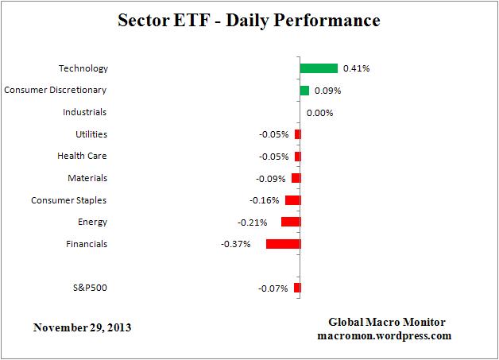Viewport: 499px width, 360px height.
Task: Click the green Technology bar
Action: tap(319, 68)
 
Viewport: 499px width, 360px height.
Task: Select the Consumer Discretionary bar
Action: tap(304, 91)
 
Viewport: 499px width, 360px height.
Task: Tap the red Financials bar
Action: tap(283, 244)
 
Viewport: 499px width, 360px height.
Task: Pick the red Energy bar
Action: tap(291, 222)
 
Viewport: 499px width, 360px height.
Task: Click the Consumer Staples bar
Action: tap(292, 200)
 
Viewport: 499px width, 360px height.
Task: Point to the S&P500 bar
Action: tap(297, 288)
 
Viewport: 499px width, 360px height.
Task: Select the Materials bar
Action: tap(296, 178)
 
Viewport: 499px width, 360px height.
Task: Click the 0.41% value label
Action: tap(357, 68)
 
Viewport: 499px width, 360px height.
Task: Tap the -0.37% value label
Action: tap(236, 244)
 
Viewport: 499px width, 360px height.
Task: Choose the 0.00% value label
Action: tap(319, 113)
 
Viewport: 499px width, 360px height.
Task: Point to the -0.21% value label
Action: tap(252, 222)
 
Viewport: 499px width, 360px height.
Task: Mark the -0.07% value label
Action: tap(273, 288)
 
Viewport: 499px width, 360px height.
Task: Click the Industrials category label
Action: tap(85, 113)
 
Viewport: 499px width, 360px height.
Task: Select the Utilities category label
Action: tap(91, 134)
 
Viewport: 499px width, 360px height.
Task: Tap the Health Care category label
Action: tap(82, 157)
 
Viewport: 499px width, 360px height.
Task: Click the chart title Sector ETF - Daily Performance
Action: tap(249, 19)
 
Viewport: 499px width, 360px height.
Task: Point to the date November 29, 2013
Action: tap(83, 327)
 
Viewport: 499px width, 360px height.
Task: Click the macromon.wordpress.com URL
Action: tap(387, 336)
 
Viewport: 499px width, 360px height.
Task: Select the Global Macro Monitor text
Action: tap(387, 322)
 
